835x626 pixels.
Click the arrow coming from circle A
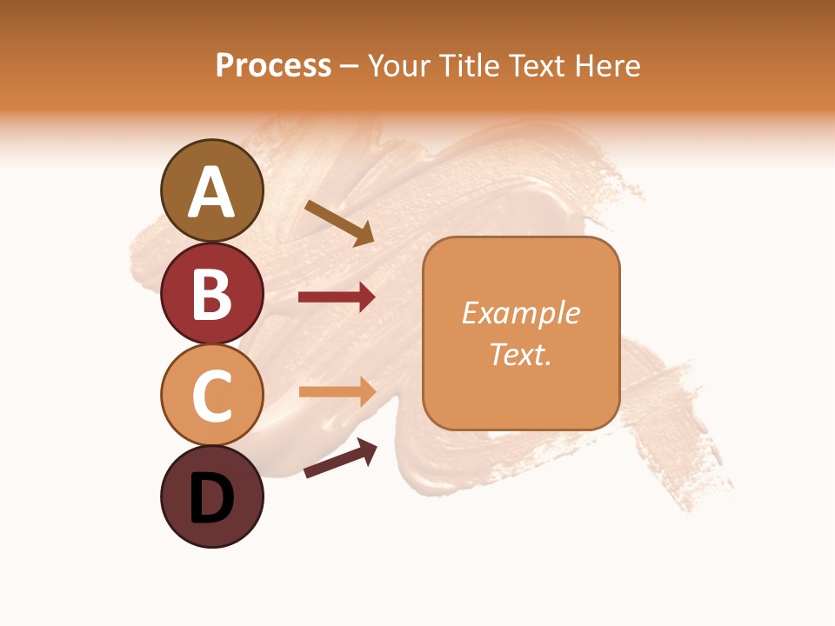[339, 223]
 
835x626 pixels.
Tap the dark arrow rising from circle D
[340, 459]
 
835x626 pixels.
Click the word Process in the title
[273, 65]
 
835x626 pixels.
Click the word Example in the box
[521, 313]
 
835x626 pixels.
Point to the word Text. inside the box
[521, 354]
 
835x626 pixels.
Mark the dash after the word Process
[350, 66]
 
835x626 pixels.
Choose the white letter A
[212, 192]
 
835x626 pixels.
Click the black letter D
[212, 499]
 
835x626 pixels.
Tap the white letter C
[212, 396]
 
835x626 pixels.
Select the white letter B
[212, 294]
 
